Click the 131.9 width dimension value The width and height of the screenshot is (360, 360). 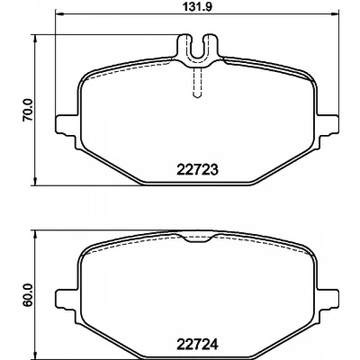pos(197,7)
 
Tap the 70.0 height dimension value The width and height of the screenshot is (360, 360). pos(28,111)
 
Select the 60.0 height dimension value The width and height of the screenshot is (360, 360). pos(28,296)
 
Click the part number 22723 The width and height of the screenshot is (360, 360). pos(197,170)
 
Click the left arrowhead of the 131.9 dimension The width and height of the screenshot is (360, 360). pos(59,13)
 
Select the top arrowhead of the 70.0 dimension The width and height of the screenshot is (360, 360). pos(36,39)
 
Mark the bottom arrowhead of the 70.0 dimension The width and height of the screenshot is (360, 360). pos(36,182)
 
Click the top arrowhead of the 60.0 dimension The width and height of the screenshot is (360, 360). pos(36,235)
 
